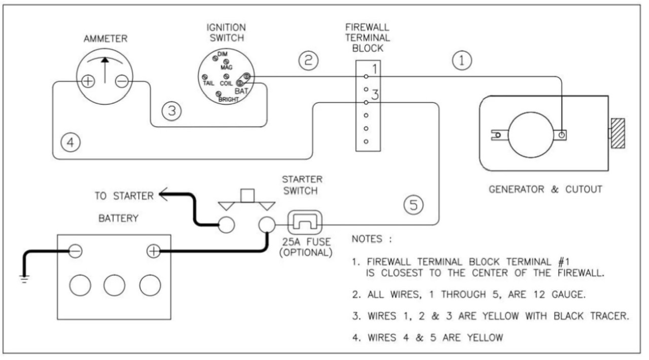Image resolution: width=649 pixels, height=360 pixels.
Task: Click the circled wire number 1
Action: point(461,61)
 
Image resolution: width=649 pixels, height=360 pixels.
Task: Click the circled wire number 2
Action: point(308,61)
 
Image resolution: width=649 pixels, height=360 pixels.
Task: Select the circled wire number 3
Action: point(172,111)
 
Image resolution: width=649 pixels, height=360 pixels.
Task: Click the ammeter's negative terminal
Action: point(122,82)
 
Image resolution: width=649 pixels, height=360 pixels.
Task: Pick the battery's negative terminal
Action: point(75,250)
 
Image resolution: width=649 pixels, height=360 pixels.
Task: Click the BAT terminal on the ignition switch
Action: point(246,78)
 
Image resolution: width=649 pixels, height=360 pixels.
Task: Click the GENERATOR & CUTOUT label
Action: point(545,190)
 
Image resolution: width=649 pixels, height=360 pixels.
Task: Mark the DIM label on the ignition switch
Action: point(222,54)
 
